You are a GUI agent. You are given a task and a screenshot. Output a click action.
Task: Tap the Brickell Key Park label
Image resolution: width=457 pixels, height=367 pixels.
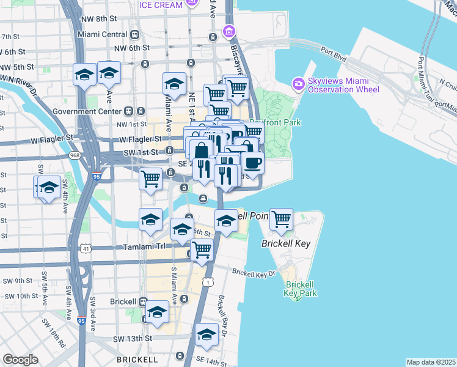coord(301,289)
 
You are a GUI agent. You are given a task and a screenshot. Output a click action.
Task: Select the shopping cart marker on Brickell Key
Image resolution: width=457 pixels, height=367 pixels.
coord(281,219)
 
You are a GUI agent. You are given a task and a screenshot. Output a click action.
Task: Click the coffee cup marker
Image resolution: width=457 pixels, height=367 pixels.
coord(252,163)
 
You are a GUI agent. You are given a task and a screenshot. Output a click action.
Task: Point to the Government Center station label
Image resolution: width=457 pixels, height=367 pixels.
coord(87,111)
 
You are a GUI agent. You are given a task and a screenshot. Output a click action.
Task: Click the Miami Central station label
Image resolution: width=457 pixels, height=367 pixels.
coord(102,34)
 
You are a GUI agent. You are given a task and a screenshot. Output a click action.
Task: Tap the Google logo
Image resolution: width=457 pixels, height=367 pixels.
coord(20,360)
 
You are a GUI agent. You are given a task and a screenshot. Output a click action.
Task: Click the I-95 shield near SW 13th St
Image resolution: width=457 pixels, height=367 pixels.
coord(81,319)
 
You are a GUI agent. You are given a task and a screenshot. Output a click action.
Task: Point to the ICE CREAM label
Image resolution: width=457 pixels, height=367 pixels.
coord(161,6)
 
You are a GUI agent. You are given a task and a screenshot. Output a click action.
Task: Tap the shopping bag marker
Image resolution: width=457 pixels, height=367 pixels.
coord(200,150)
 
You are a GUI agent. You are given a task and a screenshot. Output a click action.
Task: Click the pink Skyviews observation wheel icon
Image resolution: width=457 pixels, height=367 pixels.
coord(298,83)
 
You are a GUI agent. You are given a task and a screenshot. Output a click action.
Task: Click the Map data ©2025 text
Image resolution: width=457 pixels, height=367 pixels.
coord(431,362)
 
